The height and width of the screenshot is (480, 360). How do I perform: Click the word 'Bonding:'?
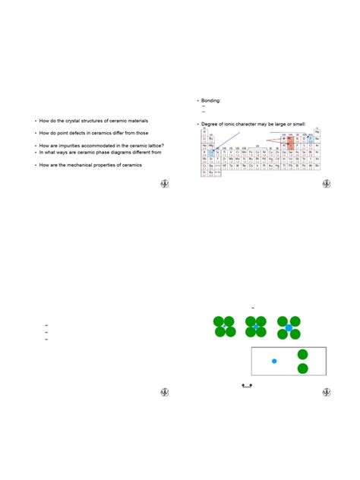(210, 99)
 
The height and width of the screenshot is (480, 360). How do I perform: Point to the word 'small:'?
(305, 124)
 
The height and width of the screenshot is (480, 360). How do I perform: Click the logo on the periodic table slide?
(327, 183)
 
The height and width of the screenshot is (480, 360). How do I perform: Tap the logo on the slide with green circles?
(327, 393)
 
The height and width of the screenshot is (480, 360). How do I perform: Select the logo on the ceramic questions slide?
(163, 183)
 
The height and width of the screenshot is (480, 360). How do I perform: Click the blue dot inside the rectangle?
(274, 361)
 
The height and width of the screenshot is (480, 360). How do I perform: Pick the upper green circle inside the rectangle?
(303, 354)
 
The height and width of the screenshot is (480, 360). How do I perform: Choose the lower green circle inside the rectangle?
(303, 369)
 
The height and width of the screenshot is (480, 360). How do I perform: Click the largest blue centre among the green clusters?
(289, 327)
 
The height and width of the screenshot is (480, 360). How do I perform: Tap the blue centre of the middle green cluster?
(256, 327)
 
